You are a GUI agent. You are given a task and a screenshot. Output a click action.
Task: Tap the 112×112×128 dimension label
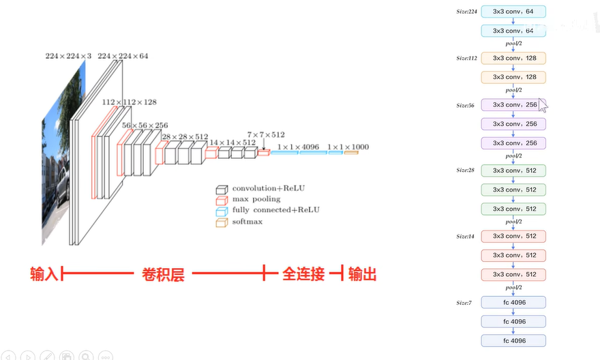point(129,102)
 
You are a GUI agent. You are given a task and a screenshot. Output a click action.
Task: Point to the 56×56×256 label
point(145,125)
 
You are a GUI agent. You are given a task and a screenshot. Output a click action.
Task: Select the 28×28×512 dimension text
point(185,136)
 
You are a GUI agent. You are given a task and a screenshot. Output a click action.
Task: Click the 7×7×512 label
point(266,135)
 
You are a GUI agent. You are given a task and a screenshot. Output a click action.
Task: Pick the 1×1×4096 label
point(298,147)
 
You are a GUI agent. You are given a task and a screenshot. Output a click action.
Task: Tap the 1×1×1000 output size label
point(348,147)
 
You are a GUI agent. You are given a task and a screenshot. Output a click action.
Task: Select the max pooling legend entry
point(256,199)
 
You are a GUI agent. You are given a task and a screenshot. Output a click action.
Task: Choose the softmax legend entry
point(247,221)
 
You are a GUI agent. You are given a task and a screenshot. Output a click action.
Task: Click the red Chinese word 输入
point(44,274)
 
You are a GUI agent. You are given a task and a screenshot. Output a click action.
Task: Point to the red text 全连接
point(303,274)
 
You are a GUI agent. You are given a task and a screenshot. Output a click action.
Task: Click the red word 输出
point(362,274)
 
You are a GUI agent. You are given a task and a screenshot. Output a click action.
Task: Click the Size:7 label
point(464,302)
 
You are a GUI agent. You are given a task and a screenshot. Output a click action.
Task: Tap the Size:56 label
point(466,106)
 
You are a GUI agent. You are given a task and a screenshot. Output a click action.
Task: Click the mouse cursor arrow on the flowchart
point(543,105)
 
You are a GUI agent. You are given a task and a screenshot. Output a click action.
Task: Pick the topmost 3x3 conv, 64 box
point(513,12)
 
